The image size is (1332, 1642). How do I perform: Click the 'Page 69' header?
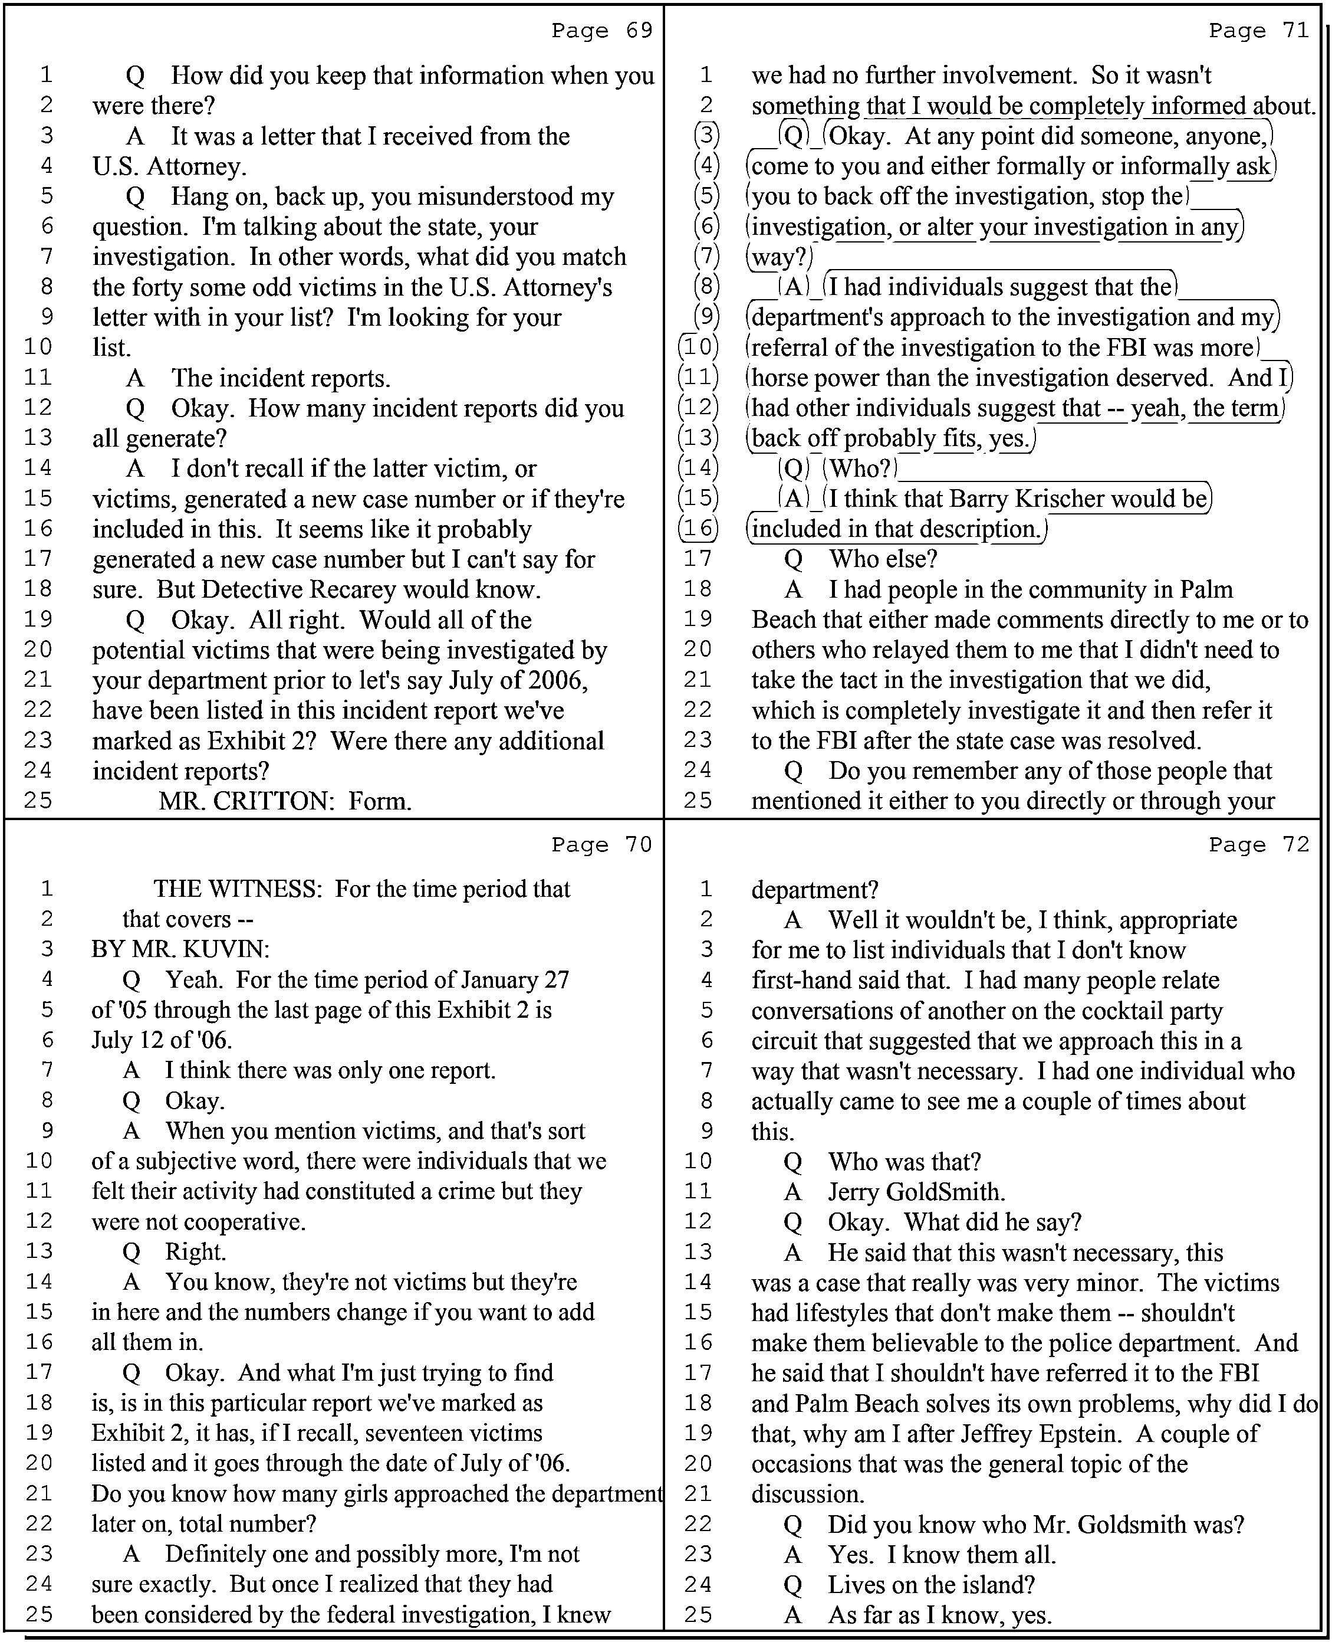(x=601, y=31)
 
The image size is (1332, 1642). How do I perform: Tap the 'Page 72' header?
(x=1259, y=844)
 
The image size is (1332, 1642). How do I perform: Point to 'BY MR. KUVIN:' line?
(x=180, y=949)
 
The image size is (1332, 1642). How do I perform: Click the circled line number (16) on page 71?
(x=698, y=529)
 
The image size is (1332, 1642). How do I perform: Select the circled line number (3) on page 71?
(x=706, y=136)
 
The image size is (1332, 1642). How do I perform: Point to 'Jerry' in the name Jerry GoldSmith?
(x=853, y=1192)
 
